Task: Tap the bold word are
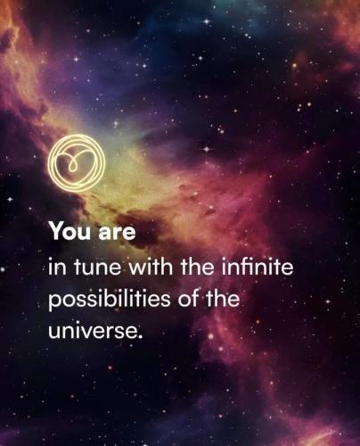click(x=117, y=233)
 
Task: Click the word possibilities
click(x=110, y=301)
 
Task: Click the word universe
click(x=93, y=331)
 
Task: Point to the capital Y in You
click(x=57, y=231)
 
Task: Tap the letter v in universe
click(x=86, y=333)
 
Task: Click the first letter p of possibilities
click(x=54, y=302)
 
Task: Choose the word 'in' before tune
click(x=59, y=267)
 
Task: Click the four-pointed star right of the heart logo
click(x=207, y=149)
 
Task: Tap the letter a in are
click(x=105, y=234)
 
